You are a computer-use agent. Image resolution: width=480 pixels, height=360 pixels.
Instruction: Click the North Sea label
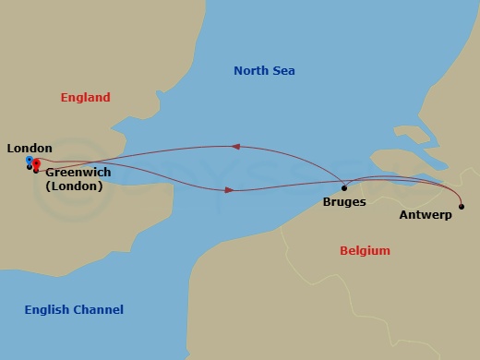(264, 71)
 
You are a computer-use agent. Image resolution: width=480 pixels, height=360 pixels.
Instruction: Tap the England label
(85, 98)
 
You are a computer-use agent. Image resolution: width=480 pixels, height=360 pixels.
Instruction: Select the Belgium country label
(365, 251)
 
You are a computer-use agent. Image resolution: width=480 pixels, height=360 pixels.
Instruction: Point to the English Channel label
(74, 310)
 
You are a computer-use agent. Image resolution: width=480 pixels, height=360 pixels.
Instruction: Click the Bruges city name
(344, 201)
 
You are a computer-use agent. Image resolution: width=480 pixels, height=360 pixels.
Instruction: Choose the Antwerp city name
(426, 215)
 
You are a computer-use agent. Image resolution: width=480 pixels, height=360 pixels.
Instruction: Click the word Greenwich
(78, 172)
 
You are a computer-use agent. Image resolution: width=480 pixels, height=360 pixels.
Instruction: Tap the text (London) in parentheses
(74, 186)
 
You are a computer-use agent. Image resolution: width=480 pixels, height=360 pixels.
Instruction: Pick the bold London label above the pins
(30, 148)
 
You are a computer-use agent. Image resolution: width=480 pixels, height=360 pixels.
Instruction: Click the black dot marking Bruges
(344, 188)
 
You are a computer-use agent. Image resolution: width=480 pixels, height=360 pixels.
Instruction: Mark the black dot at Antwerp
(462, 206)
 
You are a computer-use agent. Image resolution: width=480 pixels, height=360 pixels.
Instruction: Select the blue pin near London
(30, 161)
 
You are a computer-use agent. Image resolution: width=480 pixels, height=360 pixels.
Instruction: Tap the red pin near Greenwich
(37, 164)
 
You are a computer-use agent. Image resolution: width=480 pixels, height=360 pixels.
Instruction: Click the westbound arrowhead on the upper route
(235, 146)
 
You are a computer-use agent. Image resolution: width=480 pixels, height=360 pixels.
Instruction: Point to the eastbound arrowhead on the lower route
(229, 190)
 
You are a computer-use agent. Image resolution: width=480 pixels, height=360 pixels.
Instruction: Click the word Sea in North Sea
(283, 71)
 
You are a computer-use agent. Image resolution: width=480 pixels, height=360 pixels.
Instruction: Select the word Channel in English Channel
(98, 310)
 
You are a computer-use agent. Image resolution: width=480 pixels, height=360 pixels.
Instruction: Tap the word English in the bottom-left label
(47, 310)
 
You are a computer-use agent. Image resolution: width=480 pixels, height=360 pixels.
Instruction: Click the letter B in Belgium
(343, 251)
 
